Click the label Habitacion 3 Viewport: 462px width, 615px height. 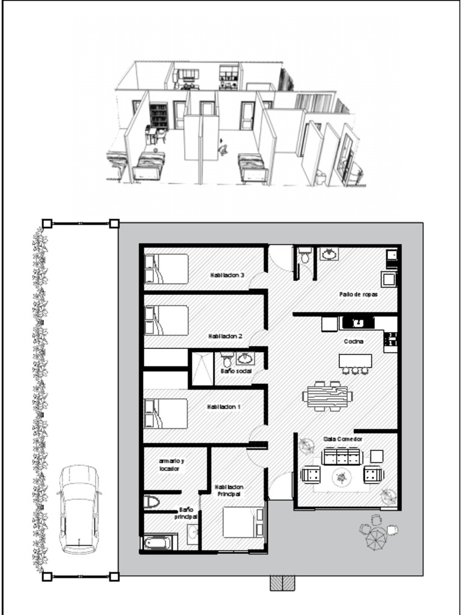[x=227, y=275]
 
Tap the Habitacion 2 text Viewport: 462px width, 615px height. [x=224, y=336]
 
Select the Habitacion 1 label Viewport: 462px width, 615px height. [x=224, y=407]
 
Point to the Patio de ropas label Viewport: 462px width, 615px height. [x=358, y=294]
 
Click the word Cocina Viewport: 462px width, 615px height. [x=353, y=341]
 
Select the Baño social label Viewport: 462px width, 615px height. [x=235, y=372]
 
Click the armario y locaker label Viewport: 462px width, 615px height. [x=171, y=464]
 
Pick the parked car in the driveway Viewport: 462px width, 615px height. [x=79, y=509]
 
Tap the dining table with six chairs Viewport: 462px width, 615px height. [x=327, y=396]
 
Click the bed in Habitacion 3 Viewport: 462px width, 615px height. [x=166, y=269]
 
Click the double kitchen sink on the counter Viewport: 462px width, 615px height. [x=358, y=323]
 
